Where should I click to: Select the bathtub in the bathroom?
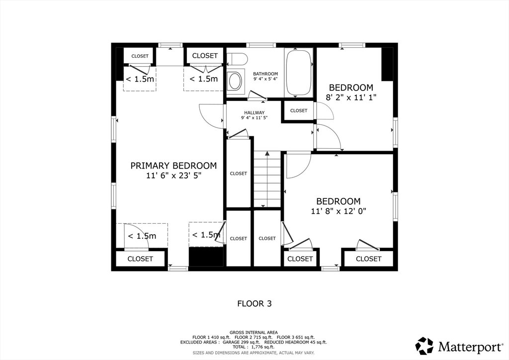pyautogui.click(x=298, y=73)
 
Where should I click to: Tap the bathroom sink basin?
pyautogui.click(x=235, y=81)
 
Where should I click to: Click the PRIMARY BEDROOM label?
pyautogui.click(x=173, y=166)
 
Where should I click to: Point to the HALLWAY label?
pyautogui.click(x=254, y=113)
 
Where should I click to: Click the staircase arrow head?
pyautogui.click(x=267, y=154)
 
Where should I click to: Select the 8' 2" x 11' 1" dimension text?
pyautogui.click(x=351, y=97)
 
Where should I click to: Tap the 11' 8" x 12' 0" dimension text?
pyautogui.click(x=339, y=211)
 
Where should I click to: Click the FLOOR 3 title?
pyautogui.click(x=254, y=303)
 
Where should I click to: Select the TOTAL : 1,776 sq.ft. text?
pyautogui.click(x=254, y=347)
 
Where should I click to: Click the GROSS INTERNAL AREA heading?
pyautogui.click(x=254, y=333)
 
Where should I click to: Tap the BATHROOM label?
pyautogui.click(x=265, y=74)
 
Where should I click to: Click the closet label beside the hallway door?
pyautogui.click(x=299, y=111)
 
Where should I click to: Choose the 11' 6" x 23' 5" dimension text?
pyautogui.click(x=173, y=176)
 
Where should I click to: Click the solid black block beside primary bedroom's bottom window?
pyautogui.click(x=206, y=257)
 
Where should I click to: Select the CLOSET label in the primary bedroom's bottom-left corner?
pyautogui.click(x=140, y=259)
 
